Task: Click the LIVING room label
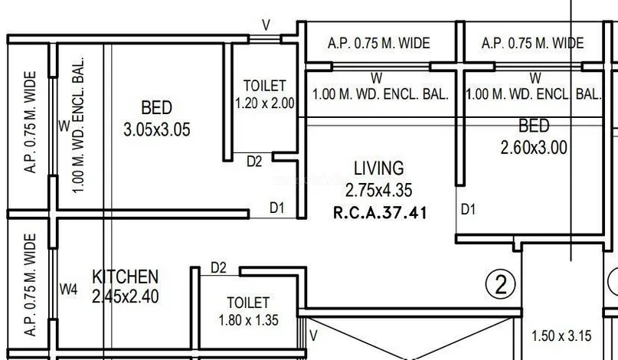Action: pos(379,169)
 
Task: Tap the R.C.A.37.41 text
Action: pos(380,213)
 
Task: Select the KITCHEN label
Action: pos(126,277)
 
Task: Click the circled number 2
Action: pos(501,284)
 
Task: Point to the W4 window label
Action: pos(69,290)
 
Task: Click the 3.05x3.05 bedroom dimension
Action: pos(157,129)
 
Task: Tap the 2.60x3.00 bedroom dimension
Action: pos(534,148)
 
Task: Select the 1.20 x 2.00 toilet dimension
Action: pos(265,103)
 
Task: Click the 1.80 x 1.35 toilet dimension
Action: pos(249,319)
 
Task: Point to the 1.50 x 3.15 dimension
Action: pos(561,336)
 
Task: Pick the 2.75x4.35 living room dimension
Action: pos(379,190)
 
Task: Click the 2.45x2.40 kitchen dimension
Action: pos(126,296)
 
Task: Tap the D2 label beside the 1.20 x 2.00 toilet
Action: pos(254,162)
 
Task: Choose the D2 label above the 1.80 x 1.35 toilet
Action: pos(218,268)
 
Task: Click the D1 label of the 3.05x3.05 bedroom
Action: pos(276,208)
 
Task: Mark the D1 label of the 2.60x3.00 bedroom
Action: pos(468,209)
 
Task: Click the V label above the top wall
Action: pos(266,25)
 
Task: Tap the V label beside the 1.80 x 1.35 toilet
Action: pos(313,335)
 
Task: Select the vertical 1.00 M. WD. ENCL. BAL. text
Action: pos(79,125)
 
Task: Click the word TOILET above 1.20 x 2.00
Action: pos(264,86)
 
